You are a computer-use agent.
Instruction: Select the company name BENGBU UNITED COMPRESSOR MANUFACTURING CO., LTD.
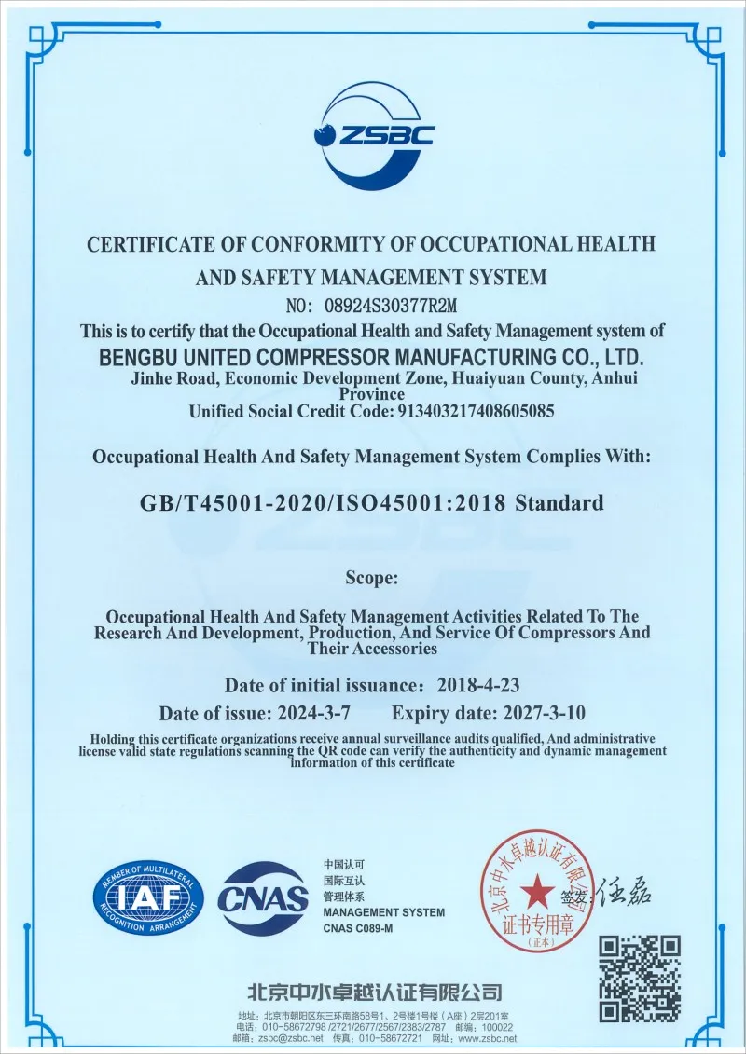372,356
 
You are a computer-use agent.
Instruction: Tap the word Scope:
372,578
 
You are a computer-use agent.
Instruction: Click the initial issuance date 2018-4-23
478,685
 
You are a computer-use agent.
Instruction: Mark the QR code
639,978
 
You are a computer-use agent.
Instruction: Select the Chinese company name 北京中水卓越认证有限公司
373,992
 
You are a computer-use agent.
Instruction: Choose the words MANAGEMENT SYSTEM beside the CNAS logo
383,912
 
